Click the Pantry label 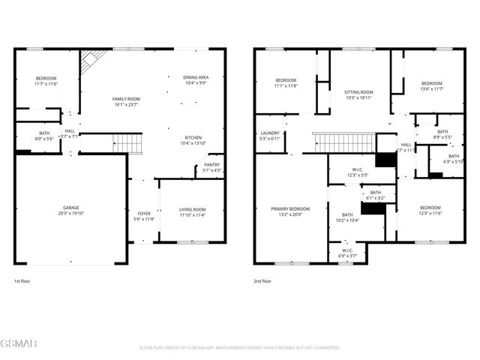pyautogui.click(x=211, y=167)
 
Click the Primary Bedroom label pyautogui.click(x=289, y=211)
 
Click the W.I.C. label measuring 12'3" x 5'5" pyautogui.click(x=357, y=172)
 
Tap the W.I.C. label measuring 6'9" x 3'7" pyautogui.click(x=347, y=253)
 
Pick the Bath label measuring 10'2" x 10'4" pyautogui.click(x=347, y=217)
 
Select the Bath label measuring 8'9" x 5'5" pyautogui.click(x=442, y=134)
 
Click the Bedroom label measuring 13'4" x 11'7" pyautogui.click(x=430, y=86)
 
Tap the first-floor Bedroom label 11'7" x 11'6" pyautogui.click(x=46, y=82)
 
